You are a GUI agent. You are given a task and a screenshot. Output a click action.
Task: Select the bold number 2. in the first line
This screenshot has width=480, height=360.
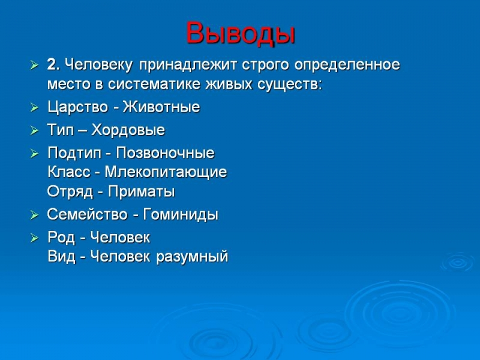(53, 65)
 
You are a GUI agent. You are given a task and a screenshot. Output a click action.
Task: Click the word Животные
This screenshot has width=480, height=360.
(161, 107)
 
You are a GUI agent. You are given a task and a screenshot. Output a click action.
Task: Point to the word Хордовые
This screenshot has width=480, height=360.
(128, 130)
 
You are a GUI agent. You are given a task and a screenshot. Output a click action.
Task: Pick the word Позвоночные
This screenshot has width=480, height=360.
(166, 153)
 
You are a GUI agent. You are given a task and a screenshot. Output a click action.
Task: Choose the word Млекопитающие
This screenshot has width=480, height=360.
(166, 172)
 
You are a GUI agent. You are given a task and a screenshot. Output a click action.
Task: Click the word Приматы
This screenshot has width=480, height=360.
(142, 191)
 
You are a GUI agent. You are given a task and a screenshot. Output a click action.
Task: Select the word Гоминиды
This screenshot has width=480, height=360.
(181, 215)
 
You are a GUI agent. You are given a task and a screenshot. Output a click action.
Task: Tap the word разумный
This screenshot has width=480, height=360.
(192, 257)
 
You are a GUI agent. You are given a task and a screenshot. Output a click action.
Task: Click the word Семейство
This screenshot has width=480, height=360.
(87, 214)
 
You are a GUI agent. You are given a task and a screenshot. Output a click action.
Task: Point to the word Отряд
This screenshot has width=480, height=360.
(70, 192)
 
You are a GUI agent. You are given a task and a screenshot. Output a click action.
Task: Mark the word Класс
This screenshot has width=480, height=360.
(69, 172)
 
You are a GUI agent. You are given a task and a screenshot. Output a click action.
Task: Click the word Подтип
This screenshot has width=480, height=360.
(74, 153)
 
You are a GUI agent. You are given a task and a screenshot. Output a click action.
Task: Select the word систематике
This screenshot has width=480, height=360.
(154, 84)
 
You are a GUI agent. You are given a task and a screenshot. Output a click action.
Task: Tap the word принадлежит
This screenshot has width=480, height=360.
(188, 65)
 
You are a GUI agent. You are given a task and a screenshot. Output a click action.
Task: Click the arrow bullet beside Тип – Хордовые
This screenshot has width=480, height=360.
(34, 131)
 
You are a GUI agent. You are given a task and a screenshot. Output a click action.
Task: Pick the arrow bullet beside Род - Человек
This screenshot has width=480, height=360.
(34, 238)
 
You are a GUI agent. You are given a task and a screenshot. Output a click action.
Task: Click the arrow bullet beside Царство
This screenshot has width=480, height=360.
(34, 107)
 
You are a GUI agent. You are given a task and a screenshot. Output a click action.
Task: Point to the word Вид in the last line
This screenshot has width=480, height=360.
(62, 257)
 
